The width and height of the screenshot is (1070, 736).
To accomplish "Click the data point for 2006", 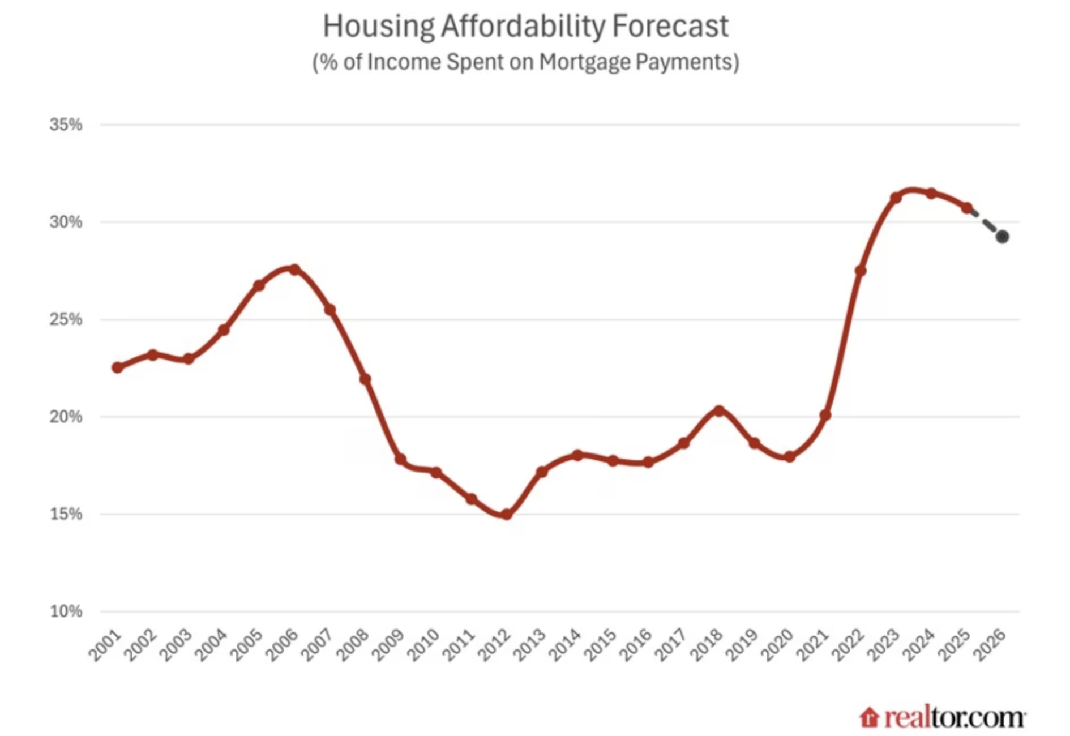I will click(x=294, y=269).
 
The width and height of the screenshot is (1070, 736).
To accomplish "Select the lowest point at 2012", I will click(x=507, y=515).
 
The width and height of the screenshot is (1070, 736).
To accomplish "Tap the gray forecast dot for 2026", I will click(x=1002, y=237).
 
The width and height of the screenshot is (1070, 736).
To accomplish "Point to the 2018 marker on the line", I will click(x=719, y=410).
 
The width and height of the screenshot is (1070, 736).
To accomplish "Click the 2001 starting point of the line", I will click(x=117, y=367).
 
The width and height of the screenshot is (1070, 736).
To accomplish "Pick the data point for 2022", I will click(x=861, y=271).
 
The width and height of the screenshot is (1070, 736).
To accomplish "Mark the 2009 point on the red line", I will click(x=400, y=459).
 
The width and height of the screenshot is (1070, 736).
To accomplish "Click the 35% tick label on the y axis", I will click(x=66, y=125).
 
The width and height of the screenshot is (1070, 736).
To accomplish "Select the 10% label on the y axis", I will click(x=66, y=611).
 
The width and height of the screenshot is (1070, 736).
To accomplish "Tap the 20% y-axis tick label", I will click(x=66, y=417).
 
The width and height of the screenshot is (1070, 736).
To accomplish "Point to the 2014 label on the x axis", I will click(x=565, y=645).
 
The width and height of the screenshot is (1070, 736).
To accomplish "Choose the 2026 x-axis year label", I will click(x=990, y=645).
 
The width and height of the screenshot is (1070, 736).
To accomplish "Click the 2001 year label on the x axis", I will click(x=105, y=645).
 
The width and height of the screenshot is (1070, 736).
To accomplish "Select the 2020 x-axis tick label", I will click(x=777, y=645).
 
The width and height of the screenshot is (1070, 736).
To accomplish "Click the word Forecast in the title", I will click(x=671, y=26).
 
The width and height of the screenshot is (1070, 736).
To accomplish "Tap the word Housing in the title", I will click(x=378, y=26).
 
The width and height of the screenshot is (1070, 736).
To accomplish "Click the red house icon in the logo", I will click(x=869, y=717).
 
